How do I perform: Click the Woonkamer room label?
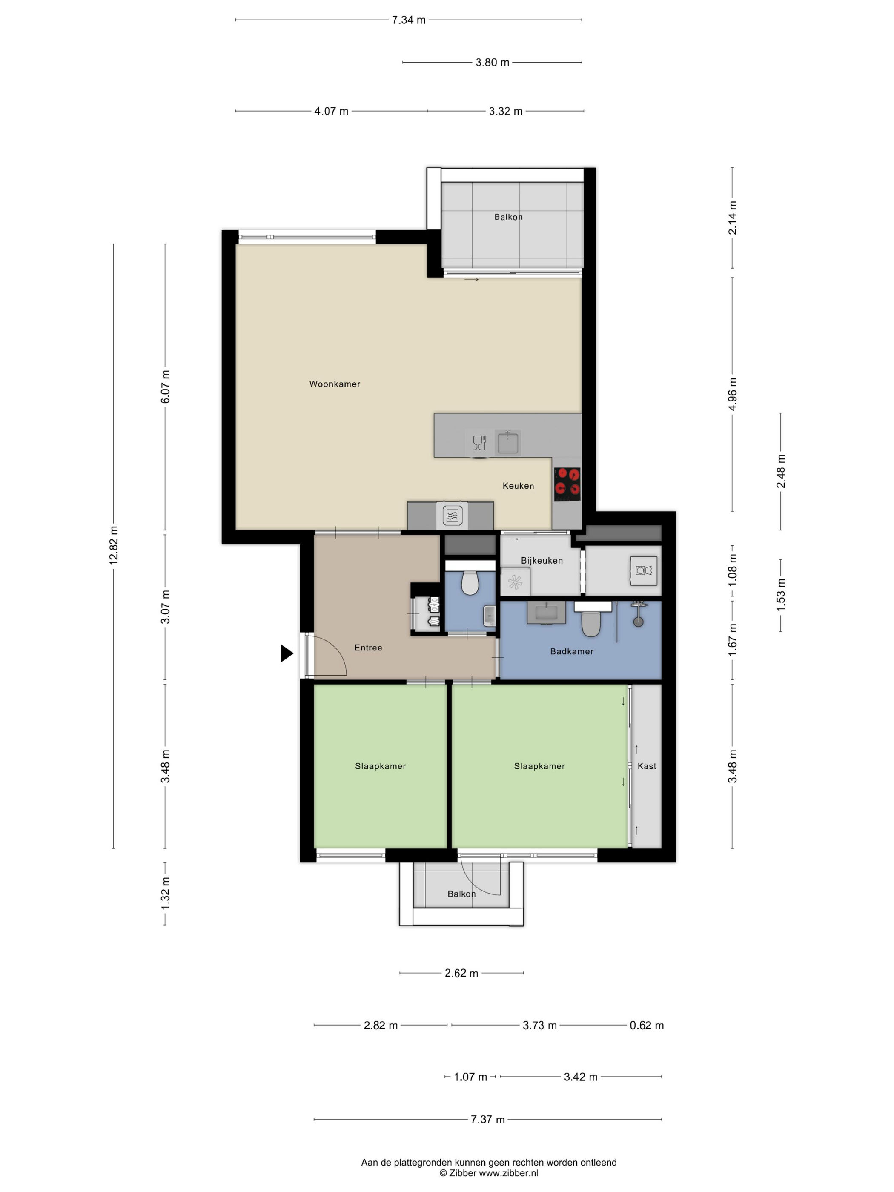tap(334, 384)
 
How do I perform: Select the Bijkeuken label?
tap(542, 560)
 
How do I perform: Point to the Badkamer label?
tap(571, 651)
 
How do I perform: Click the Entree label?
tap(368, 648)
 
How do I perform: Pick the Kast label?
tap(647, 766)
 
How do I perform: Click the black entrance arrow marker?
tap(286, 653)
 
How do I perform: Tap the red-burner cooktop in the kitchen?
tap(567, 484)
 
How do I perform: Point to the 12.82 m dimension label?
tap(114, 545)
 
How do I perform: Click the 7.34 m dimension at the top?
tap(408, 20)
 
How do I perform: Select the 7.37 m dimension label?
tap(488, 1119)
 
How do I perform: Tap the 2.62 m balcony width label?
tap(461, 973)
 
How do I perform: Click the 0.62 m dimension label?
tap(647, 1025)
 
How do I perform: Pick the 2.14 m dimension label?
tap(732, 218)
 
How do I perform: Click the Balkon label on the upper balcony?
tap(508, 217)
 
